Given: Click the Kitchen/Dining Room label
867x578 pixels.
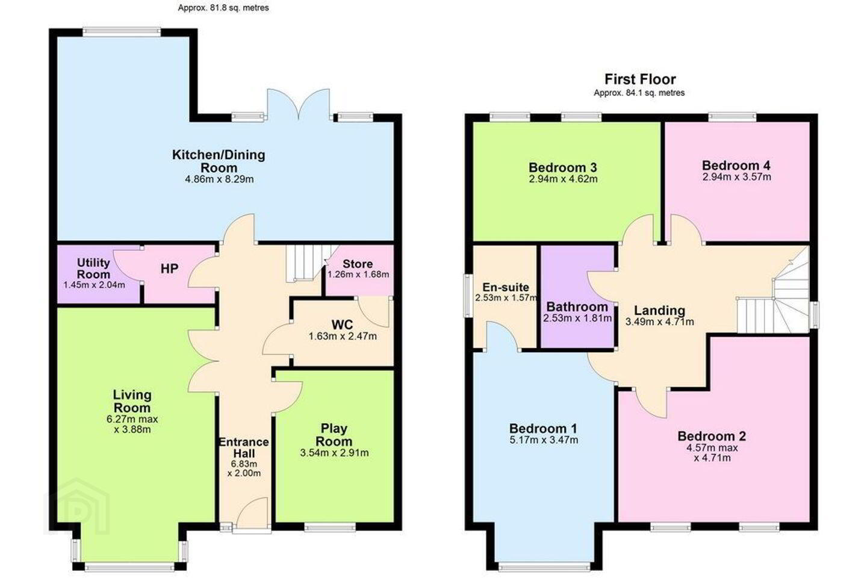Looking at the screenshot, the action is pos(219,161).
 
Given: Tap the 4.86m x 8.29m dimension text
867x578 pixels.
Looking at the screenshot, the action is pos(219,179).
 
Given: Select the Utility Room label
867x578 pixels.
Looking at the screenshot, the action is pos(93,269).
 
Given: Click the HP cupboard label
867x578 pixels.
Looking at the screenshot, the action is pos(169,269).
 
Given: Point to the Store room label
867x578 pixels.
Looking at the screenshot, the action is pos(358,264).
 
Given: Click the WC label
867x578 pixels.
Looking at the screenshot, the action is pos(342,325).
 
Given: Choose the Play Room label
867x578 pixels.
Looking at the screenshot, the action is pos(334,435).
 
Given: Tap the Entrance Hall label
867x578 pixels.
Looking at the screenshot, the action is pos(244,447).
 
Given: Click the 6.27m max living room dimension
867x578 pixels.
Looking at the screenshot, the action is pos(132,419).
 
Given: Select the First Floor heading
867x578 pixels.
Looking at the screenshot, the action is pos(640,79).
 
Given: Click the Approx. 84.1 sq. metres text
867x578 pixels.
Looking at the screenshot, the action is pos(639,93).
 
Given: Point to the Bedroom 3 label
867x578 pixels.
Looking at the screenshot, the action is pos(563,167).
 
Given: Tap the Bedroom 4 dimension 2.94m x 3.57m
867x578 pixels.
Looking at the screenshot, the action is pos(736,177).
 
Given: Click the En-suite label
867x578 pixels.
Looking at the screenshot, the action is pos(506,287).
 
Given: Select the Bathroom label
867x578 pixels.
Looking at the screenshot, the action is pos(577,307).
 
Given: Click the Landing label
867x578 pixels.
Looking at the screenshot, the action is pos(659,311).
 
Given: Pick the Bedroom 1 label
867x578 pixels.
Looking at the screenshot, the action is pos(543,429).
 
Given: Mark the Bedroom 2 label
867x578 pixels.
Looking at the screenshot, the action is pos(712,437).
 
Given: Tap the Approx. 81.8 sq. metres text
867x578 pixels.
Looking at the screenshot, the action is pos(223,8).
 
